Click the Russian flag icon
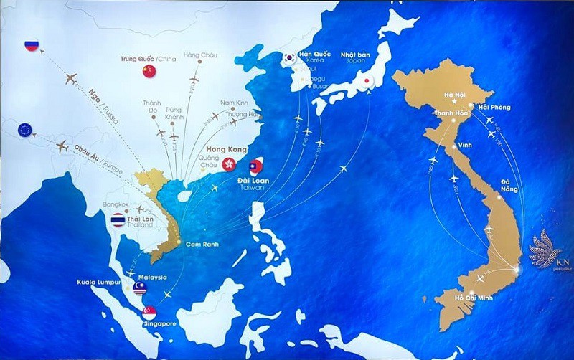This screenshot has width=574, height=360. point(31,45)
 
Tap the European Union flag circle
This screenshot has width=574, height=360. point(25,130)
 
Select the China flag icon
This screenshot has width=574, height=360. point(149,70)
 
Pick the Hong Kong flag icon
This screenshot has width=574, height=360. point(230,164)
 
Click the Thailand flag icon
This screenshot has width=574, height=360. point(118,219)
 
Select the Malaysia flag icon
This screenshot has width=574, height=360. point(140,288)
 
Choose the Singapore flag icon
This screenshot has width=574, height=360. point(150,313)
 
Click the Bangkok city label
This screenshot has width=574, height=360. point(116,204)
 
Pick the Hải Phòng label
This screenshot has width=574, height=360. point(494,107)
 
